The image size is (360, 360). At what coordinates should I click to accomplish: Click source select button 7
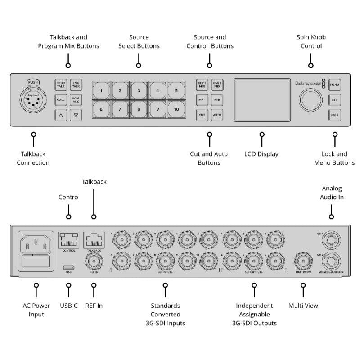120,109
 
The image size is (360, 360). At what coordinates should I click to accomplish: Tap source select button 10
176,109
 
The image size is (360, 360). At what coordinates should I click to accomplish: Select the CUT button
202,115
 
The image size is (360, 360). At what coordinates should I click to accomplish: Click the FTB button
217,99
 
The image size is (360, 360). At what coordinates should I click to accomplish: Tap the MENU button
334,84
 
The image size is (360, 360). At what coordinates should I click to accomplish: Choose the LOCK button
334,115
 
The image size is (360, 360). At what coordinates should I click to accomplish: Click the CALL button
61,99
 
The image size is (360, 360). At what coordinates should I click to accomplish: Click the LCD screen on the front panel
262,99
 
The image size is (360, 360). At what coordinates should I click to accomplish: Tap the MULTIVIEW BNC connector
303,261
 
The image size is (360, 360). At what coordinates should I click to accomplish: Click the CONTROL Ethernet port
69,239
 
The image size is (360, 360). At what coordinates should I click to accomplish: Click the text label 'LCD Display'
261,154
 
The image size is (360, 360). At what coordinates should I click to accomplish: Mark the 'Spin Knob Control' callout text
310,41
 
